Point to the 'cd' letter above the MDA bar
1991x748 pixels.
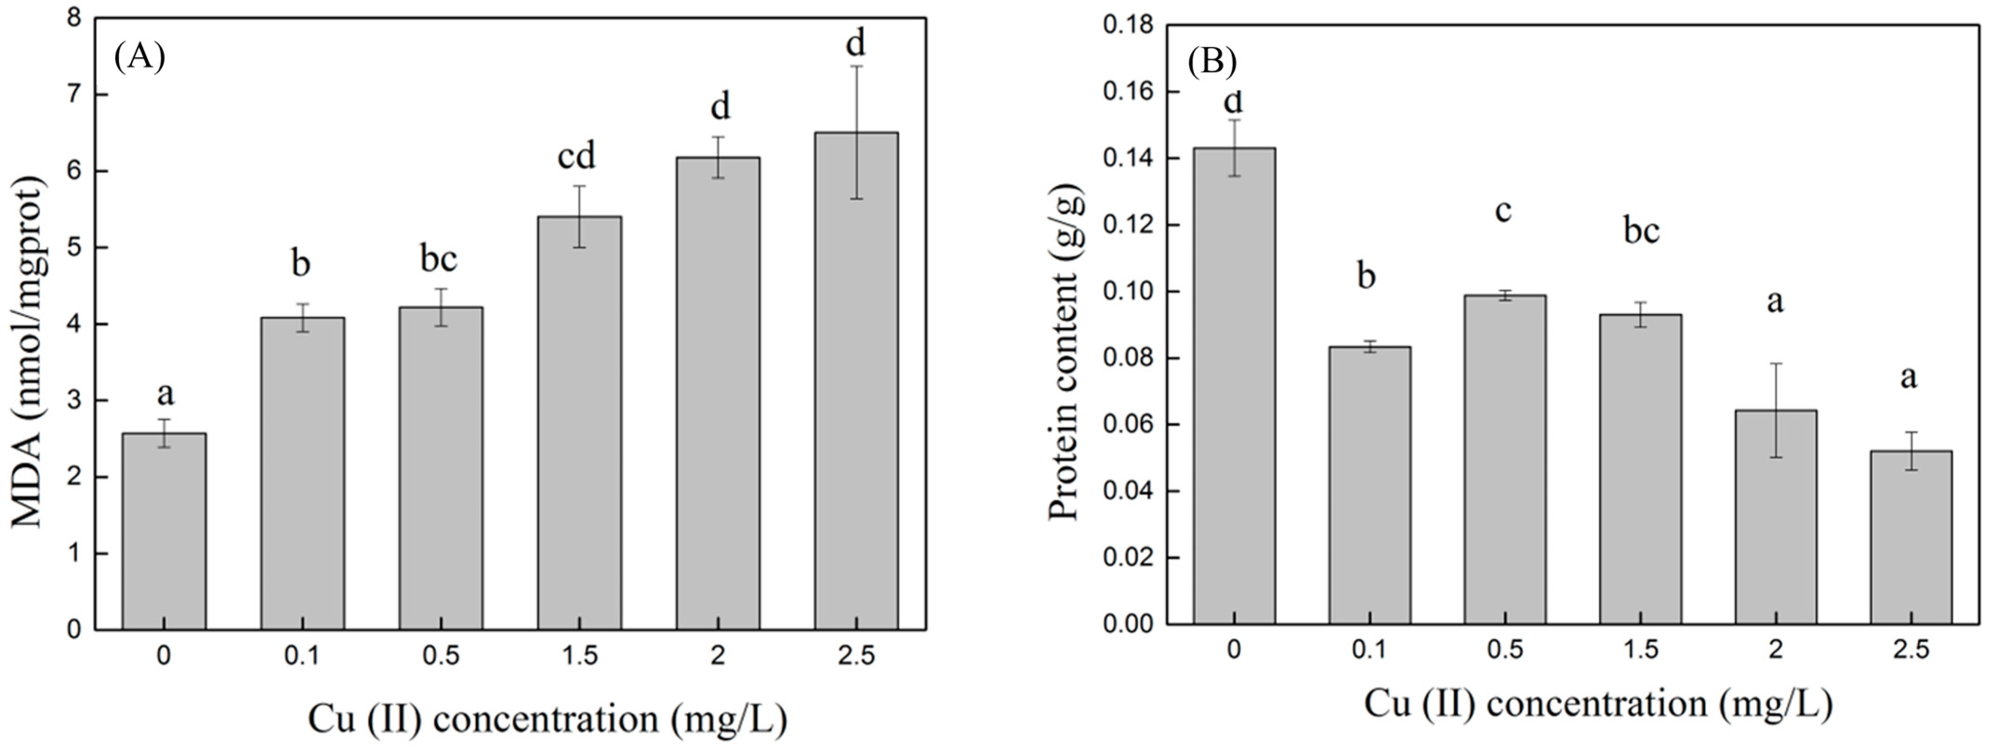[577, 157]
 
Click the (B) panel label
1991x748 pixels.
[1212, 61]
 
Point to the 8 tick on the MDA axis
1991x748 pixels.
[74, 19]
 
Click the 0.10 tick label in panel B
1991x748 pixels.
[1127, 292]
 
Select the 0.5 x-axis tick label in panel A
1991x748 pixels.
[441, 656]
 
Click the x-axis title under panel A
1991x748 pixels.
[547, 719]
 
